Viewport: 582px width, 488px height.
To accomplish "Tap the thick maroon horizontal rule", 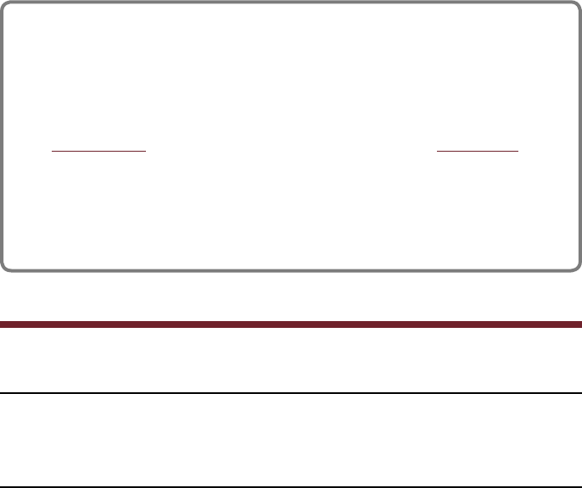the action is tap(291, 324).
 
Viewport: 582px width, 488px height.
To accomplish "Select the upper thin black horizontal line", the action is tap(291, 393).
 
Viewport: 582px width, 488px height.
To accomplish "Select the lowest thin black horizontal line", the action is tap(291, 486).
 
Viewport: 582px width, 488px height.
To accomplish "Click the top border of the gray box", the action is tap(291, 3).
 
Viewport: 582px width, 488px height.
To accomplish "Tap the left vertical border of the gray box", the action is tap(3, 136).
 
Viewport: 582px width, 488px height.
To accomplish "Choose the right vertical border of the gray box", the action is tap(579, 136).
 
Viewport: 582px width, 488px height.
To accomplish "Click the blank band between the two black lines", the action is tap(291, 440).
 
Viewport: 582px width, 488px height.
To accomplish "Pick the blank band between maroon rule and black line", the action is tap(291, 359).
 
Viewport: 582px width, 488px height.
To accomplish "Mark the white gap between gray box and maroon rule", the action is tap(291, 296).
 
